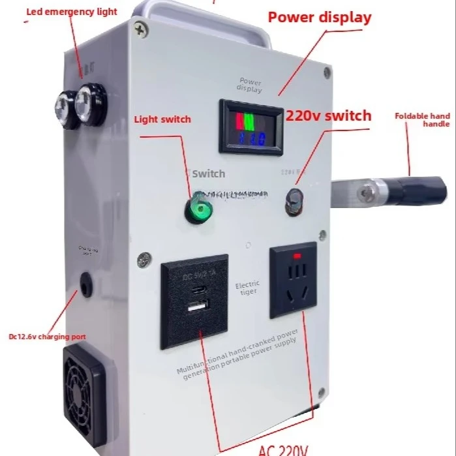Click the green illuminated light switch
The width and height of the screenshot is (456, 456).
point(194,210)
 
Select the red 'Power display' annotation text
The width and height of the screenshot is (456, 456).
point(319,18)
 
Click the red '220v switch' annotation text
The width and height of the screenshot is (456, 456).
point(328,116)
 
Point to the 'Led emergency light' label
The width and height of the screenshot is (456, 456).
point(71,12)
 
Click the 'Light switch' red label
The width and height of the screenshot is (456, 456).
point(162,119)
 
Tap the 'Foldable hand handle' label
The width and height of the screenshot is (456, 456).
point(423,119)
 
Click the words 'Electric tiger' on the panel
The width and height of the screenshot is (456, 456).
point(248,287)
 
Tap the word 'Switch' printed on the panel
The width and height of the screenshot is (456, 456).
point(209,174)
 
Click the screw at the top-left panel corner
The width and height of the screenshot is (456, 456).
point(140,27)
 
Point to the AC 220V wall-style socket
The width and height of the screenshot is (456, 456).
point(294,279)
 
